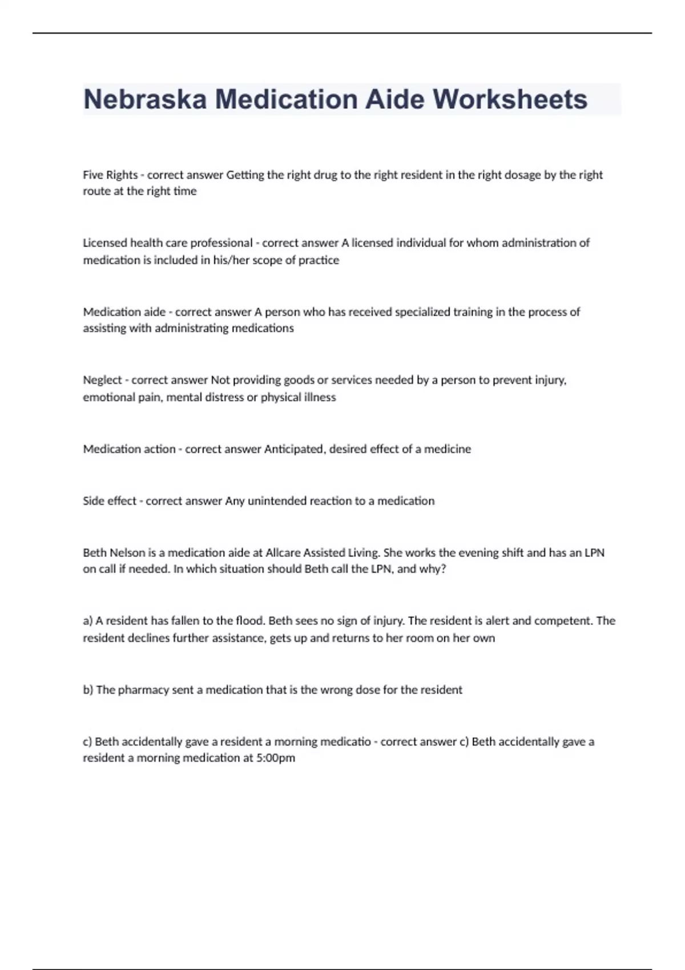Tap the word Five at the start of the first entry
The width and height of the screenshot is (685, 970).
click(93, 175)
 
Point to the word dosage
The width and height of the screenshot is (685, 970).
click(522, 175)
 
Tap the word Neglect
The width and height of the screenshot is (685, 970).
click(102, 380)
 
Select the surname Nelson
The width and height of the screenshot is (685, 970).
click(127, 552)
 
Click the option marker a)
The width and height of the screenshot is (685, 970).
click(88, 621)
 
